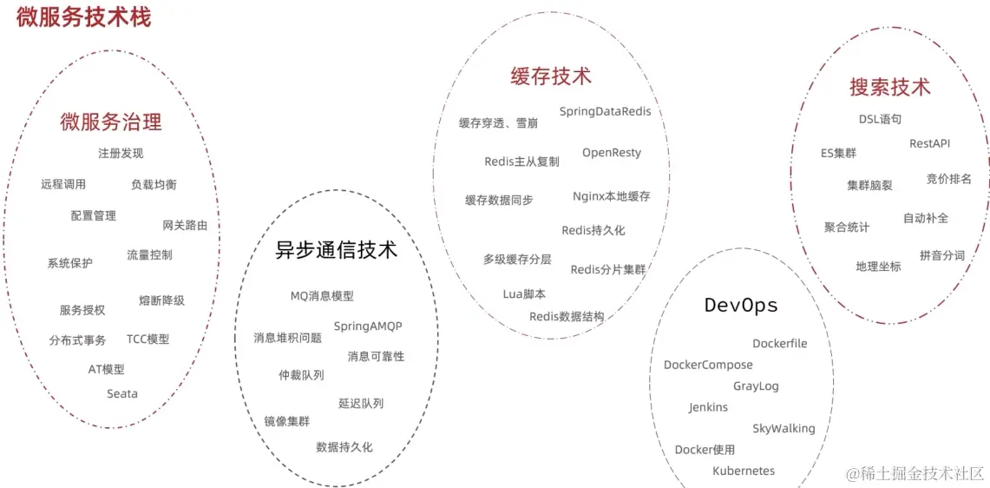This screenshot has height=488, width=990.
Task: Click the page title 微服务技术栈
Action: pyautogui.click(x=83, y=16)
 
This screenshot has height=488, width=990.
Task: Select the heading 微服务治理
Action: pyautogui.click(x=111, y=122)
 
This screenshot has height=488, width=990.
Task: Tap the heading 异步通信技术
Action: pyautogui.click(x=336, y=250)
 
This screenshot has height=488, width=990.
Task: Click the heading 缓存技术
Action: pyautogui.click(x=551, y=76)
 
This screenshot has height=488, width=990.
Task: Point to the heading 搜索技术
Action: pyautogui.click(x=889, y=87)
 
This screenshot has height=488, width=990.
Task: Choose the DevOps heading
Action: pyautogui.click(x=741, y=306)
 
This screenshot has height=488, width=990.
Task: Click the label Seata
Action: pyautogui.click(x=122, y=393)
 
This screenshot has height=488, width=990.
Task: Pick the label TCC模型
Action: pyautogui.click(x=148, y=339)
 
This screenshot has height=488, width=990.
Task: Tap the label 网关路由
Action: pyautogui.click(x=185, y=225)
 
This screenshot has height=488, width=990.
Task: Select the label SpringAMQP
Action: pyautogui.click(x=368, y=326)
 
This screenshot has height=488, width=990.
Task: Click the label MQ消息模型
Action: pyautogui.click(x=322, y=296)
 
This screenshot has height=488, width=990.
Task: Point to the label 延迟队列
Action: pyautogui.click(x=361, y=403)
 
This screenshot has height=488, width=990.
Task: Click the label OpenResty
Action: pyautogui.click(x=612, y=153)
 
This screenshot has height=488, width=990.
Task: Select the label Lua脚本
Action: pyautogui.click(x=525, y=294)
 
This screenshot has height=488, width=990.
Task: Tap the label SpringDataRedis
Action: pyautogui.click(x=605, y=111)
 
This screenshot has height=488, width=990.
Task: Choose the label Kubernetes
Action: pyautogui.click(x=744, y=471)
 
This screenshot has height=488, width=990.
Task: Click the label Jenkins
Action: pyautogui.click(x=709, y=407)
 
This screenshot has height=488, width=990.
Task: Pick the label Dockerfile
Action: pyautogui.click(x=780, y=344)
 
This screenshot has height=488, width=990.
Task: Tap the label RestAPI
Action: pyautogui.click(x=929, y=143)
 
